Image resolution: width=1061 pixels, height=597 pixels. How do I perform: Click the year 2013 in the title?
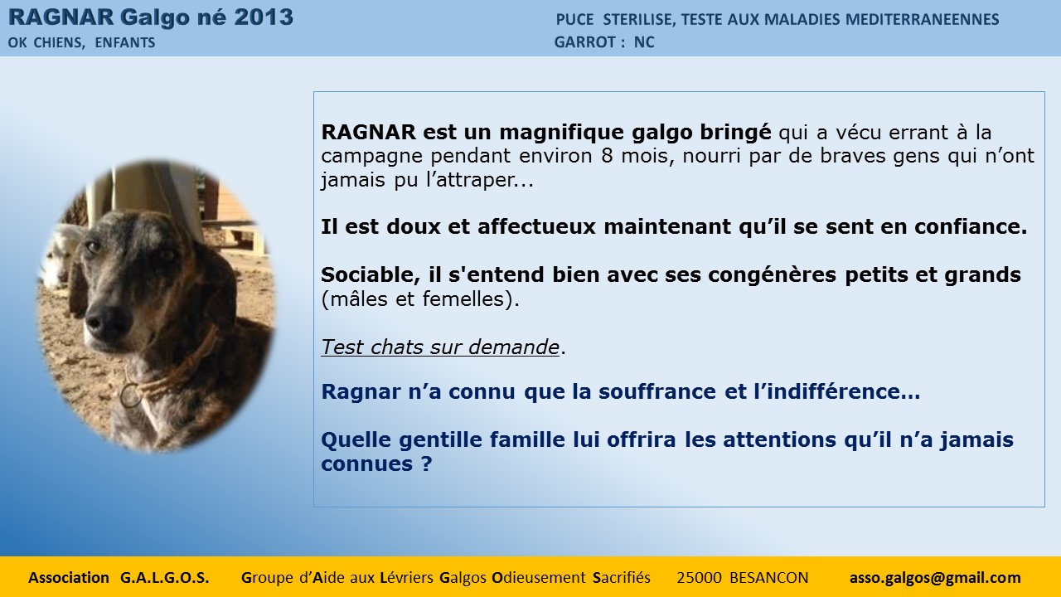point(264,17)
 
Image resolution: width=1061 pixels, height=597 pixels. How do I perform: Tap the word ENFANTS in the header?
point(125,42)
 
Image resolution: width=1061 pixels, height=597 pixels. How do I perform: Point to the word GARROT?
point(585,42)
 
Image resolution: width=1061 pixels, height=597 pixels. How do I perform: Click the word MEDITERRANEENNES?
point(923,19)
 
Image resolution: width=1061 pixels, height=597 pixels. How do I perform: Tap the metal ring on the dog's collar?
point(131,396)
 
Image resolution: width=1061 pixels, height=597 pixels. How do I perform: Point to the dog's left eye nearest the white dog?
point(92,246)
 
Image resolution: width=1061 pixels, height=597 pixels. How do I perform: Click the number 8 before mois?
point(608,156)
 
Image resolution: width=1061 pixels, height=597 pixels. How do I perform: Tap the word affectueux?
point(536,226)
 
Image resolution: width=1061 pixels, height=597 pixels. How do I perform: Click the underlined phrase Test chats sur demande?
point(440,347)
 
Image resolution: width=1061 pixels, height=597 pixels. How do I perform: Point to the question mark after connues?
point(426,464)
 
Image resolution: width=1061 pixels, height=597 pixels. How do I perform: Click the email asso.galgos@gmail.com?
point(935,578)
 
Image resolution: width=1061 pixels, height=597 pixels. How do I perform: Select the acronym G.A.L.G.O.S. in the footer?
point(164,578)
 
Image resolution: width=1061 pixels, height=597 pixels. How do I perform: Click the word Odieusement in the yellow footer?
point(539,578)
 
